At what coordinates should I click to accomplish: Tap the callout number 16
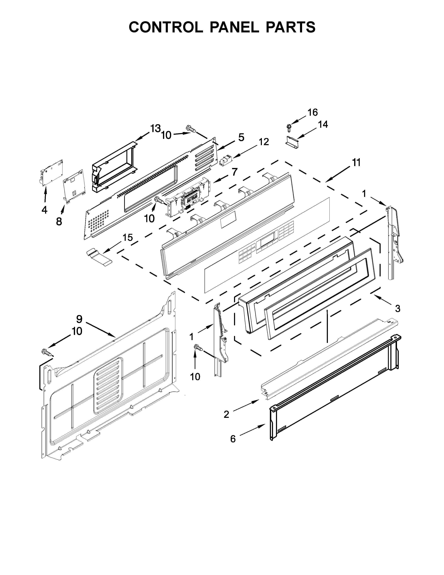tap(313, 112)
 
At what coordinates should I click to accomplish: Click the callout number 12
tap(264, 142)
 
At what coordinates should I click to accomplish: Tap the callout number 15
tap(128, 237)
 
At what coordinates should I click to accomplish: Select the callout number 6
tap(233, 439)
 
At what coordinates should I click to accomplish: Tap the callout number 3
tap(398, 308)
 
